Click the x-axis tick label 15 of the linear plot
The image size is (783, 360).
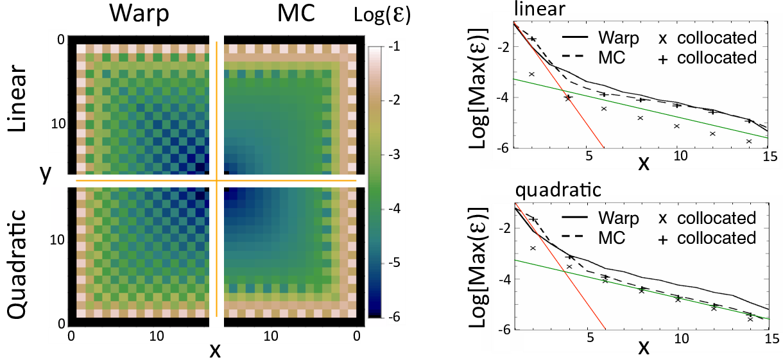click(x=768, y=156)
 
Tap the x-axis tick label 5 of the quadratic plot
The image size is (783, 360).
click(x=588, y=336)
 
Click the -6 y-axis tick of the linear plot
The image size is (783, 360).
click(x=504, y=148)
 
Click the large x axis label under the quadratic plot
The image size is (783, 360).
click(x=644, y=347)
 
